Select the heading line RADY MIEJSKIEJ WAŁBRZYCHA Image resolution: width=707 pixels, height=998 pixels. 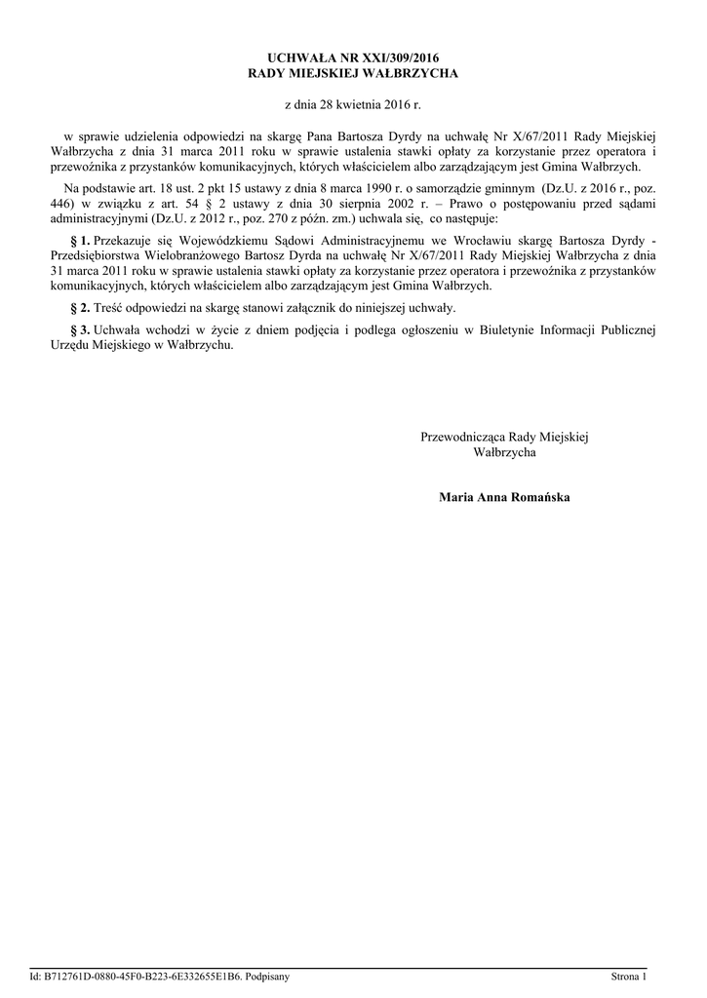353,74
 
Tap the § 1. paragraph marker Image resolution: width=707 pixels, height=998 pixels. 80,240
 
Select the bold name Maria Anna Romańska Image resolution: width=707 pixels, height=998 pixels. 504,498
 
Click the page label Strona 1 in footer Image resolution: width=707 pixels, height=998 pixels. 628,976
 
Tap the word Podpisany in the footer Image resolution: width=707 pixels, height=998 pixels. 263,976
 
